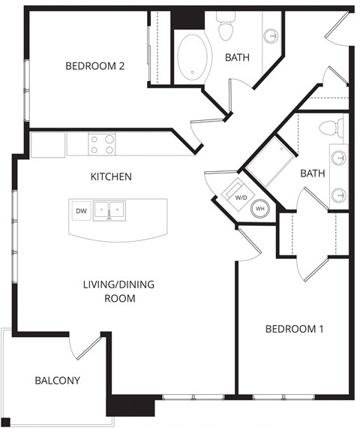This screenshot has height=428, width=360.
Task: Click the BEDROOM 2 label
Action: click(x=94, y=66)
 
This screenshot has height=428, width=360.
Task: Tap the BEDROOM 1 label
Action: click(x=295, y=329)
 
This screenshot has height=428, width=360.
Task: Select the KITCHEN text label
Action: click(x=111, y=177)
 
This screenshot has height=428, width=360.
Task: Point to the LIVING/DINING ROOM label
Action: click(x=109, y=291)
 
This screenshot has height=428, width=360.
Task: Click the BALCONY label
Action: click(x=57, y=380)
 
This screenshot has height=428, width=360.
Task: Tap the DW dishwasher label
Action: click(x=81, y=211)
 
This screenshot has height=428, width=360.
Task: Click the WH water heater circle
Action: click(x=260, y=209)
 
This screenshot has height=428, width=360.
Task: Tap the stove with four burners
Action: click(x=103, y=143)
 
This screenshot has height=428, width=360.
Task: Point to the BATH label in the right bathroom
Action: click(x=312, y=173)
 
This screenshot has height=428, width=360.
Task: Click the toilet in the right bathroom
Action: click(x=329, y=128)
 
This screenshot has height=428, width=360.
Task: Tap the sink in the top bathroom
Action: click(x=271, y=35)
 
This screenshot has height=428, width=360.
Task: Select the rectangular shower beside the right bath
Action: click(x=268, y=161)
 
